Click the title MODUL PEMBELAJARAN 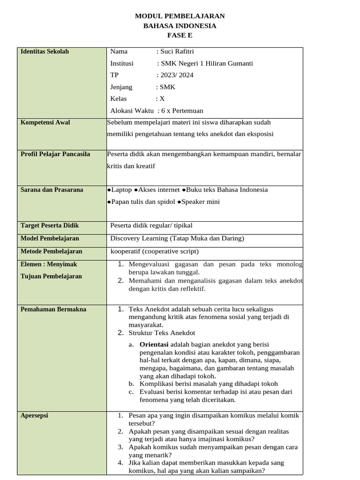(x=180, y=16)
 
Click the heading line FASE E (x=180, y=36)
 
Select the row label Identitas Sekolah (x=45, y=52)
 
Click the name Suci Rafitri (x=176, y=52)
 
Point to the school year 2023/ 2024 (x=177, y=75)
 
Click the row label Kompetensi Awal (x=45, y=122)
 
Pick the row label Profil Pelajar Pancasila (x=55, y=154)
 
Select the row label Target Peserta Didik (x=50, y=226)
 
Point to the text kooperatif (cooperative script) (x=154, y=251)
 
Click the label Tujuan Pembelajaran (x=51, y=276)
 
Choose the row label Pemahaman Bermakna (x=53, y=309)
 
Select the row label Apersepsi (x=34, y=415)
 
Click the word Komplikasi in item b (x=156, y=383)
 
